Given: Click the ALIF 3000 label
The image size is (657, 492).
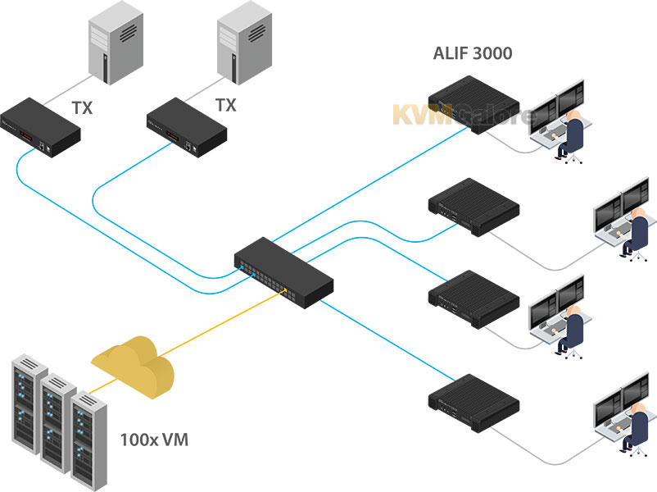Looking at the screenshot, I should [x=473, y=55].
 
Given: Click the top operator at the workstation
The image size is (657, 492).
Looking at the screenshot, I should [x=572, y=131].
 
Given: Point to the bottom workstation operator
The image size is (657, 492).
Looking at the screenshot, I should [x=635, y=426].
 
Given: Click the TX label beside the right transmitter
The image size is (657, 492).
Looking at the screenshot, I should [x=224, y=106].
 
